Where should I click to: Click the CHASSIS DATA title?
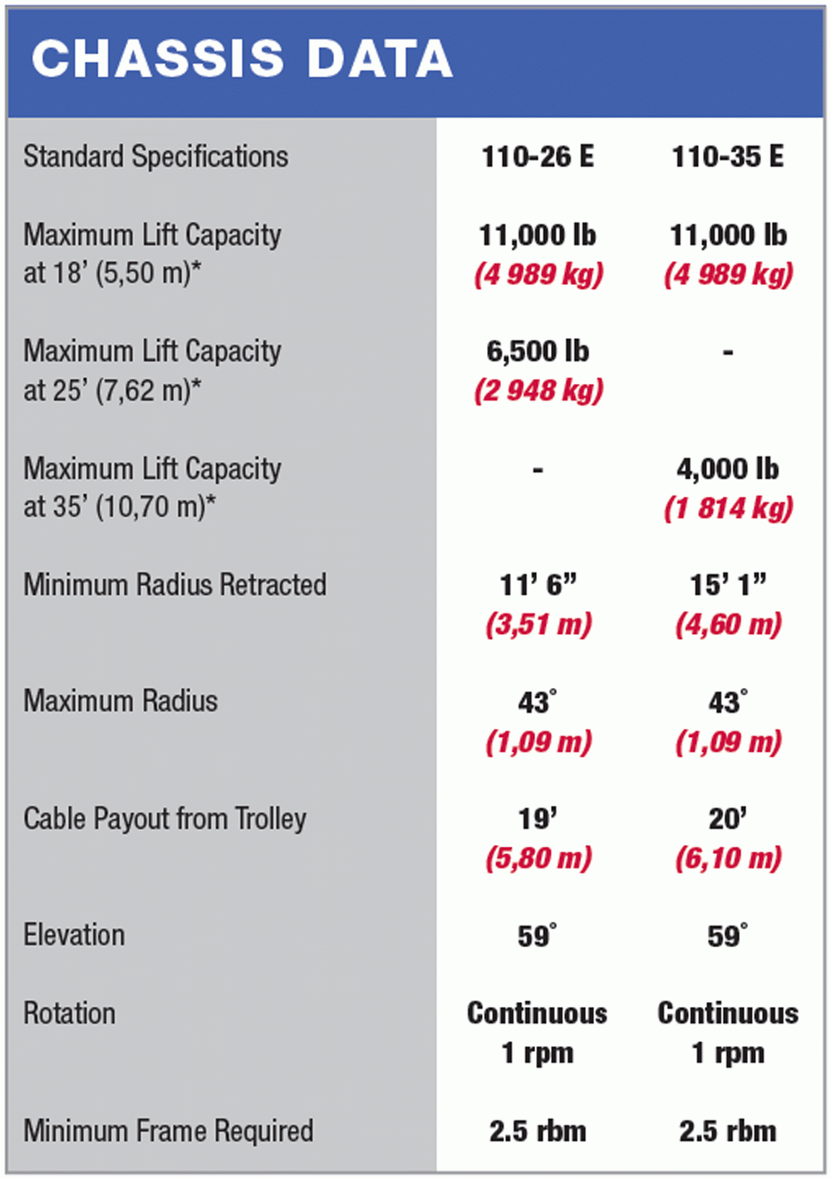tap(242, 59)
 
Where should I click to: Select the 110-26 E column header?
tap(538, 156)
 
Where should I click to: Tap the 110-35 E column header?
tap(727, 156)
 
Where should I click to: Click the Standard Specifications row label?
tap(155, 156)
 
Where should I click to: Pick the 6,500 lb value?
tap(538, 351)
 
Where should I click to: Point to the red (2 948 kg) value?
tap(538, 391)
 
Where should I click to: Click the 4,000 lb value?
tap(727, 469)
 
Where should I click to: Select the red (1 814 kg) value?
tap(728, 508)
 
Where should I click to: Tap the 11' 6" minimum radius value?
tap(538, 585)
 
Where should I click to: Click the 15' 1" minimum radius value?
tap(727, 585)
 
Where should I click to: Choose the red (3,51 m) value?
tap(538, 624)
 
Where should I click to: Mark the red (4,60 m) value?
tap(728, 624)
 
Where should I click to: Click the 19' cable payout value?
tap(538, 819)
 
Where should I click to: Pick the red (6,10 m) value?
tap(728, 858)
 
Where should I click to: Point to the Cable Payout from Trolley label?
tap(165, 819)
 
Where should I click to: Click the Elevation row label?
tap(74, 936)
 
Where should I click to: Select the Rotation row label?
tap(69, 1014)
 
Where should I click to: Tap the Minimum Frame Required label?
tap(168, 1131)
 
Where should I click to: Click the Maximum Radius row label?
tap(120, 701)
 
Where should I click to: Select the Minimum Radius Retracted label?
tap(175, 585)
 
